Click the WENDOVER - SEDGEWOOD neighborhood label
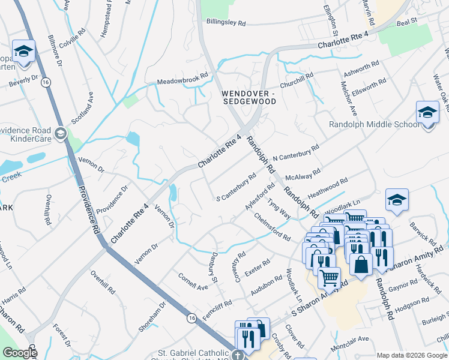point(249,98)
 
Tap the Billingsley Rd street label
point(225,23)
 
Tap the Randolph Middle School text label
point(374,125)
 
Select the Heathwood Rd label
point(328,188)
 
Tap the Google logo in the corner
point(19,353)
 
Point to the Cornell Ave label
point(193,282)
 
